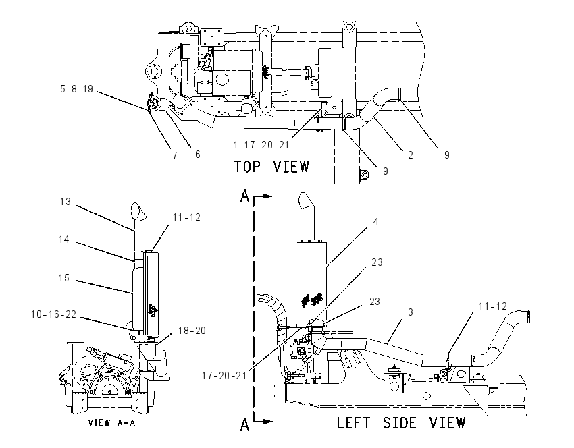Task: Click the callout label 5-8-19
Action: click(76, 89)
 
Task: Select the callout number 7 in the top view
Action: click(175, 155)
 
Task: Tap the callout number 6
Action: click(198, 155)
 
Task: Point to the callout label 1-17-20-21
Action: click(261, 145)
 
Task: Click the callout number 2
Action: click(411, 155)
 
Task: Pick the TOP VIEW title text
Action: click(271, 167)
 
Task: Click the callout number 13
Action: click(66, 202)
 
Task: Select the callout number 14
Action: click(64, 239)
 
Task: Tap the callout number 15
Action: click(64, 278)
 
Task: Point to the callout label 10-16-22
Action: click(54, 314)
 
